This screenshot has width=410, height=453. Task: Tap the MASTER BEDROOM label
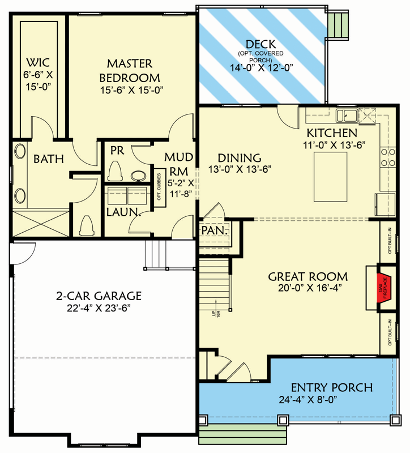[x=130, y=70]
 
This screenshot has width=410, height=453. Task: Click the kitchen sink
[x=345, y=116]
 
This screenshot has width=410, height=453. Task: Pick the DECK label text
[x=261, y=44]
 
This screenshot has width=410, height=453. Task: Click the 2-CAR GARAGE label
[x=99, y=296]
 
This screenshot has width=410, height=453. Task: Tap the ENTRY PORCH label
[x=332, y=388]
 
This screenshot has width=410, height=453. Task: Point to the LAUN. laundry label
[x=123, y=212]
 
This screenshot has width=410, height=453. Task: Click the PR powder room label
[x=117, y=151]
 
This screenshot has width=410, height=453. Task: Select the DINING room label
[x=239, y=158]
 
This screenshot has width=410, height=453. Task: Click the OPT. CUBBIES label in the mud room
[x=160, y=186]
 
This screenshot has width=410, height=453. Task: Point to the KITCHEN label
[x=332, y=133]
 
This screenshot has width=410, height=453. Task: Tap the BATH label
[x=48, y=159]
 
